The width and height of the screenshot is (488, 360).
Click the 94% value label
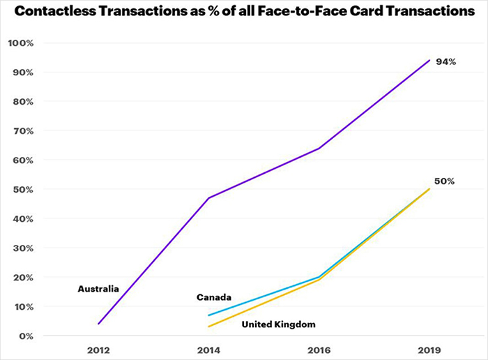click(445, 62)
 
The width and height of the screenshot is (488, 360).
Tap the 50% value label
click(445, 181)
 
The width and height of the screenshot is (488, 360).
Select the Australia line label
click(98, 288)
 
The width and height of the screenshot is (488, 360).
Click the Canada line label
click(214, 297)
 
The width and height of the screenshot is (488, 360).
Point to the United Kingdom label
click(278, 324)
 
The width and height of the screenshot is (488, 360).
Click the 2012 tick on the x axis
click(98, 348)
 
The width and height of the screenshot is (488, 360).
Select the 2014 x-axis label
click(208, 348)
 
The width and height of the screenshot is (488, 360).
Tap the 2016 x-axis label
click(319, 348)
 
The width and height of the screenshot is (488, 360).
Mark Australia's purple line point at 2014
click(208, 198)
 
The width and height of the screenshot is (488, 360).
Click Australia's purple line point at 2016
click(319, 149)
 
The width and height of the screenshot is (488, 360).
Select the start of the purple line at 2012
click(98, 324)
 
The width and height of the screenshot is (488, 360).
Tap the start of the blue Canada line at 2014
click(208, 315)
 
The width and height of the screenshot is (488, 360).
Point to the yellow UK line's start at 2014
click(208, 327)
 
